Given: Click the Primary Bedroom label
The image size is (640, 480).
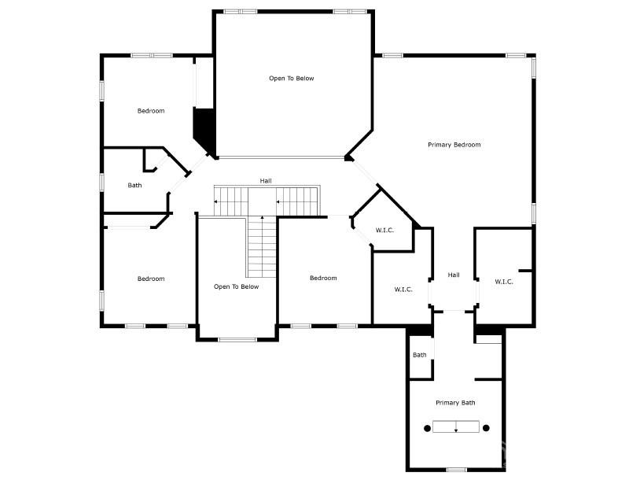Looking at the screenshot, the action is tap(454, 145).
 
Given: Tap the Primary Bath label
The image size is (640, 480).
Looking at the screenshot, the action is tap(455, 403).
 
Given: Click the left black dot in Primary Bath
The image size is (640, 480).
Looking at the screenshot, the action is tap(427, 428).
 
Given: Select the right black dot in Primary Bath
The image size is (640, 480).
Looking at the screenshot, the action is tap(486, 428).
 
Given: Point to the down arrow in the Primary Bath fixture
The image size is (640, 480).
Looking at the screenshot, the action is tap(456, 426).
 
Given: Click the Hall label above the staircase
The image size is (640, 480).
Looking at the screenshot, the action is tap(266, 180).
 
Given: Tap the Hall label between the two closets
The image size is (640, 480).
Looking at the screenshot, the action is tap(454, 275).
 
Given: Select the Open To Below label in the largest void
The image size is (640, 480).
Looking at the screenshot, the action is tap(292, 79).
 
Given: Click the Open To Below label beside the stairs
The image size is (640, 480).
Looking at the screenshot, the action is tap(237, 286).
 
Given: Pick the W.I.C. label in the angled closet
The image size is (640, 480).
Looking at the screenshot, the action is tap(384, 231).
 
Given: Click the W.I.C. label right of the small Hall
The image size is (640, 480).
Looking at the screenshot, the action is tap(504, 282).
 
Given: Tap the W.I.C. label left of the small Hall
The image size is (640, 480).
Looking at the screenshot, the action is tap(403, 290).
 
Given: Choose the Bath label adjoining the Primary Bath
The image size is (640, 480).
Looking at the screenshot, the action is tap(420, 355).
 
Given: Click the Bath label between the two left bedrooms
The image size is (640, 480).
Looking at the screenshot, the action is tap(134, 186).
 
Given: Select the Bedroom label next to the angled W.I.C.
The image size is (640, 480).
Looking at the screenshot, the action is tap(323, 279).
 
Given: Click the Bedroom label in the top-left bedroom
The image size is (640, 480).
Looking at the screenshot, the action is tap(151, 111).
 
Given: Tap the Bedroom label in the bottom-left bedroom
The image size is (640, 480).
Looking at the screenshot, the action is tap(151, 279).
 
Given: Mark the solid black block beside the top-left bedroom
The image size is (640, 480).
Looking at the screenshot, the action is tap(204, 130).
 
